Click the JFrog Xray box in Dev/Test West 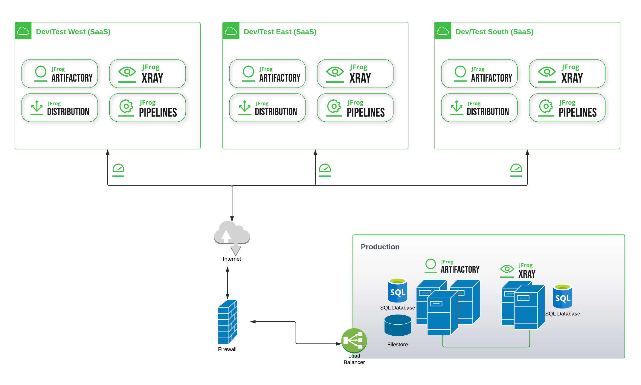coord(147,74)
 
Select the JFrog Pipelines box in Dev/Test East coord(355,108)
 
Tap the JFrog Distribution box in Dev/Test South coord(479,108)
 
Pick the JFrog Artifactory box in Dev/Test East coord(267,74)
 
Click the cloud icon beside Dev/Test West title coord(23,31)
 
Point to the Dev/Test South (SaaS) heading coord(494,32)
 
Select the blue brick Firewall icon coord(227,322)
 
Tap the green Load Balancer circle coord(354,340)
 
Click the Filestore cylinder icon coord(398,326)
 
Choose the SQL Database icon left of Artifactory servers coord(397,290)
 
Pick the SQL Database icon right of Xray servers coord(562,296)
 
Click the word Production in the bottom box coord(380,247)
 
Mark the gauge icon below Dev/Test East coord(325,169)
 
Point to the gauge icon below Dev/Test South coord(516,169)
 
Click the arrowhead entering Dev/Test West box coord(108,152)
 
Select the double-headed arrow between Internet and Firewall coord(228,283)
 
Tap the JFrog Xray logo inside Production coord(518,271)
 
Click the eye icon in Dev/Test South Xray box coord(547,72)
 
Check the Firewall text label coord(227,349)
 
